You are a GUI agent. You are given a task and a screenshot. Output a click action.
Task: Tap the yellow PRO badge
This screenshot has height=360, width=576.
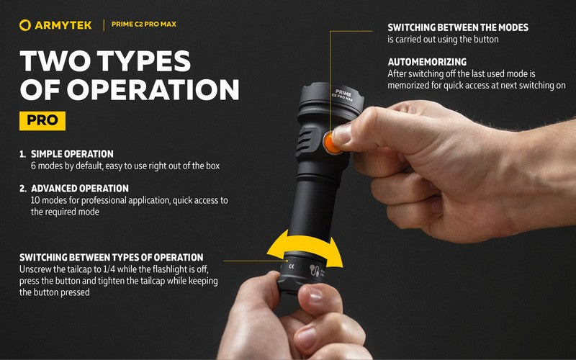click(x=42, y=120)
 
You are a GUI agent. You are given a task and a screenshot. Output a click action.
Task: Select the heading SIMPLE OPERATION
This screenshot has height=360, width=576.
click(x=72, y=154)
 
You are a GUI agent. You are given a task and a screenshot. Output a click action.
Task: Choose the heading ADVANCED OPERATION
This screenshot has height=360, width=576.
click(x=80, y=189)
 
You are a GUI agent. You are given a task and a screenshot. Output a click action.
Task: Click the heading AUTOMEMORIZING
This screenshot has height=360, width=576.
click(x=427, y=63)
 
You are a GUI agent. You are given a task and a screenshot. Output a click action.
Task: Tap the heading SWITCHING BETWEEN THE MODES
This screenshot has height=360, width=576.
click(x=458, y=27)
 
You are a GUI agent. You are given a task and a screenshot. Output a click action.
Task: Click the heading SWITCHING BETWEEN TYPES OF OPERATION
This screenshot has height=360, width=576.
click(x=112, y=257)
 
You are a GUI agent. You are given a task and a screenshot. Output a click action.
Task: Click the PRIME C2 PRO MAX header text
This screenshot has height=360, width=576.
click(x=145, y=25)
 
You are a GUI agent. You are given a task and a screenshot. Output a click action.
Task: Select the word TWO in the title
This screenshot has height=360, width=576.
click(x=55, y=62)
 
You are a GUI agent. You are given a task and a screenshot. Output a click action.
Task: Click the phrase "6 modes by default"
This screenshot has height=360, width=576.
click(x=66, y=166)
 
